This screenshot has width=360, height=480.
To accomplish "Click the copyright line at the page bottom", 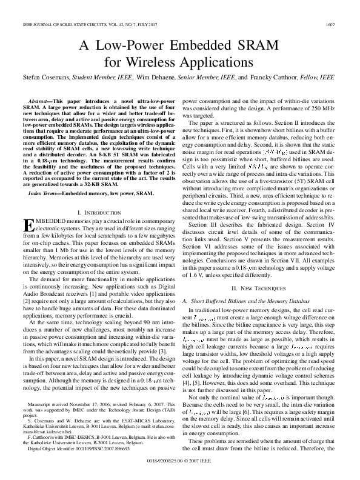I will [x=179, y=461].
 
